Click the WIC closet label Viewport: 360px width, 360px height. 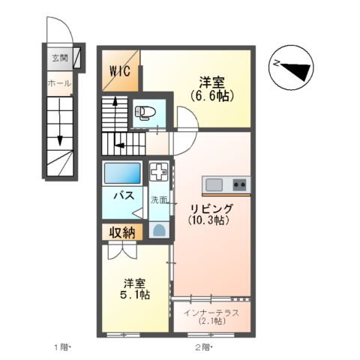121,71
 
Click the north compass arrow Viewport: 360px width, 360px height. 295,69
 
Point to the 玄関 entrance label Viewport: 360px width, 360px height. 59,58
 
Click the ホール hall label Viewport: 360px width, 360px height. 58,83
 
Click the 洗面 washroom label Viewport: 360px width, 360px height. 159,200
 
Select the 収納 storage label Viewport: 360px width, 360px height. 122,232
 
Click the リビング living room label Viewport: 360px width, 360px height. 211,208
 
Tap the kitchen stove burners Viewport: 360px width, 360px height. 239,184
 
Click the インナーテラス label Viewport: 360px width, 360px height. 211,313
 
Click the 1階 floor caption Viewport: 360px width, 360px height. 61,346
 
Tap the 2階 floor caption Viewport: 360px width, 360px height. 203,346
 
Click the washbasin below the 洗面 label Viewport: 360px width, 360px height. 159,229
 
